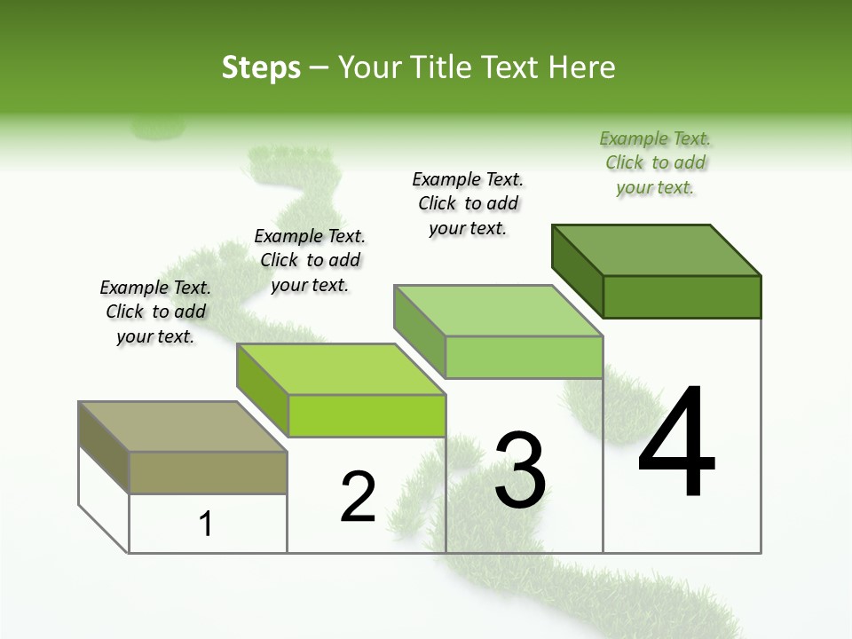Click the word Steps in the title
tap(261, 67)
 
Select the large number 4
tap(676, 443)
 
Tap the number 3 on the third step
tap(520, 470)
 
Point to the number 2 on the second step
tap(359, 497)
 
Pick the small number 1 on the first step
tap(206, 524)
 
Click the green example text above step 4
tap(655, 163)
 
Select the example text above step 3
tap(468, 203)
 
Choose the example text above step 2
tap(310, 260)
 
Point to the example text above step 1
tap(155, 312)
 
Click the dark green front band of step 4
tap(682, 296)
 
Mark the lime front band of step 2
tap(367, 415)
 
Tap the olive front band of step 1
tap(208, 472)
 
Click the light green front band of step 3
tap(524, 358)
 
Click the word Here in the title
tap(580, 67)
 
